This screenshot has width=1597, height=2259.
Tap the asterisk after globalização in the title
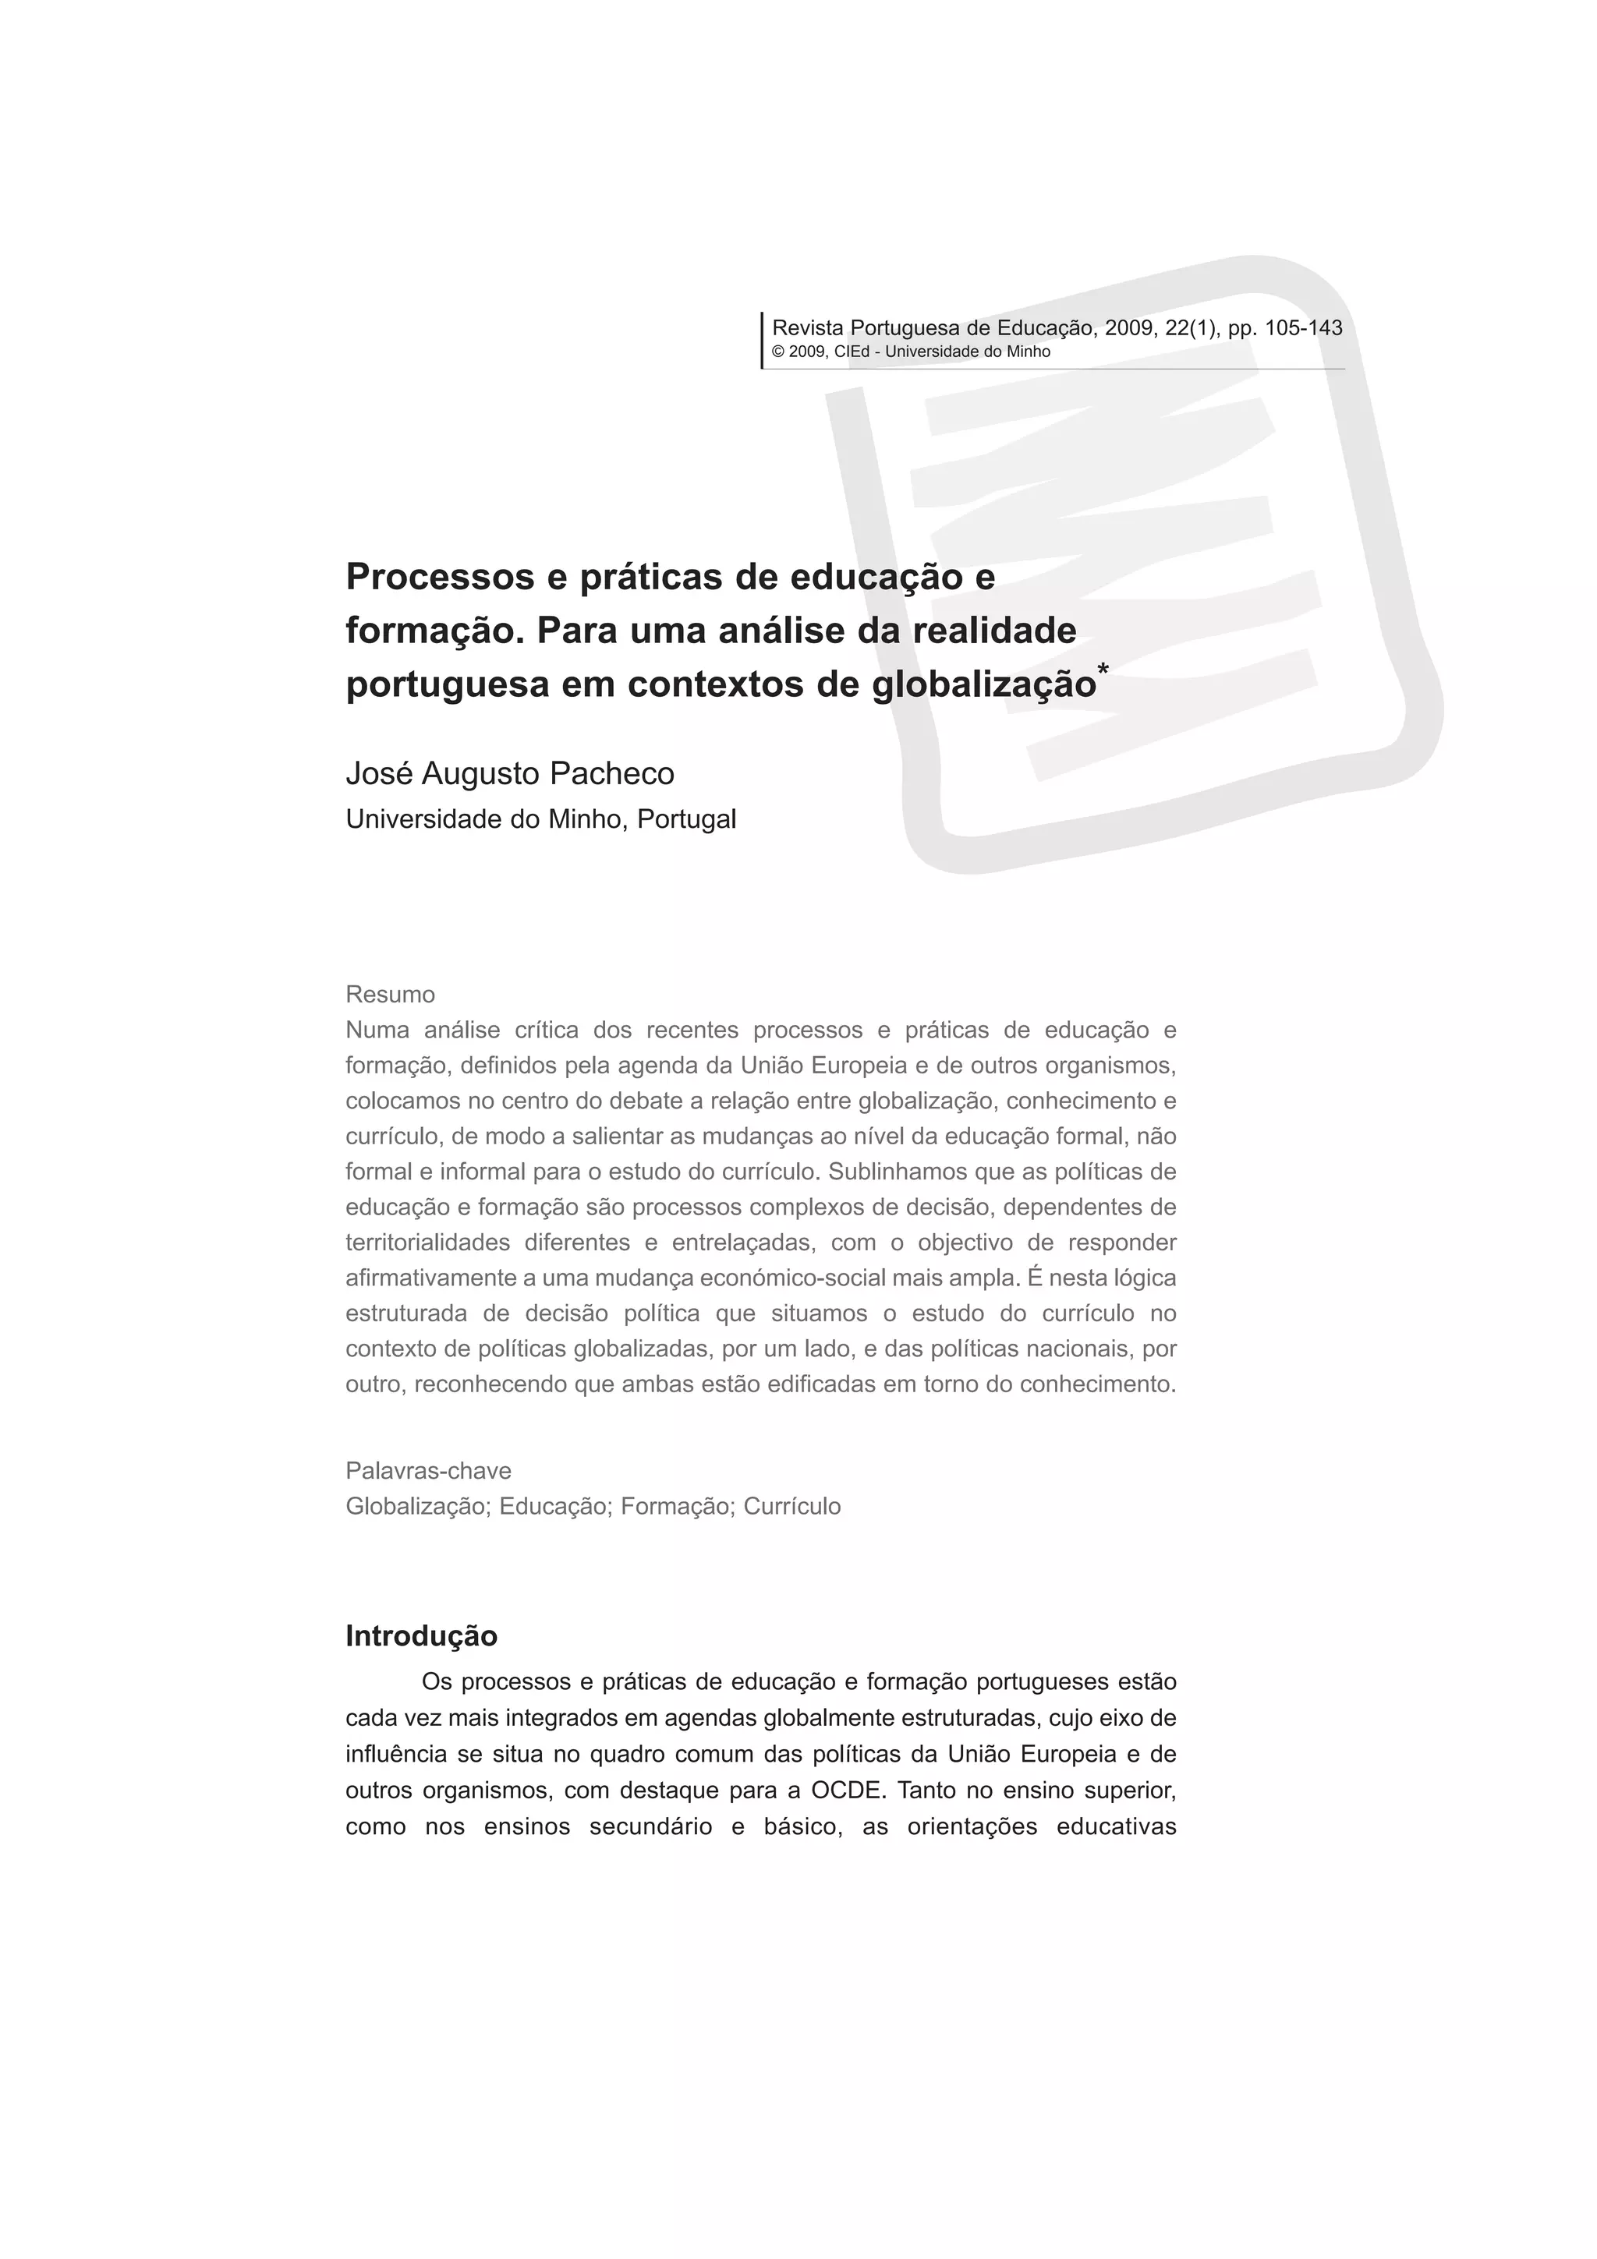click(x=1103, y=671)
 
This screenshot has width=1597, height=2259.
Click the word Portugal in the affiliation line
click(x=687, y=818)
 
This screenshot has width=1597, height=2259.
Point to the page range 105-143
click(x=1303, y=327)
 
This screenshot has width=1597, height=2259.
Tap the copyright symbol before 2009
click(x=777, y=352)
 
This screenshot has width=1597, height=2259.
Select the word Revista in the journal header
click(x=808, y=327)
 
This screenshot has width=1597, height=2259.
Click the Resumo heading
click(x=390, y=994)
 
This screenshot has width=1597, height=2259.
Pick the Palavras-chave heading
click(x=428, y=1471)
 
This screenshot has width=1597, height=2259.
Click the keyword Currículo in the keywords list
click(x=792, y=1506)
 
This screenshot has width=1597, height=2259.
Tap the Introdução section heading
click(x=421, y=1636)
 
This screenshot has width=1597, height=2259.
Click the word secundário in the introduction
click(x=650, y=1827)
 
